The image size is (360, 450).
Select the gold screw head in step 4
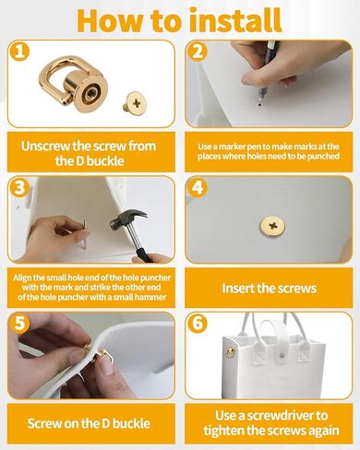click(270, 223)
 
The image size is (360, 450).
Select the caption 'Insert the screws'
click(270, 289)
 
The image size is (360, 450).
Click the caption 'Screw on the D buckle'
click(89, 421)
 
